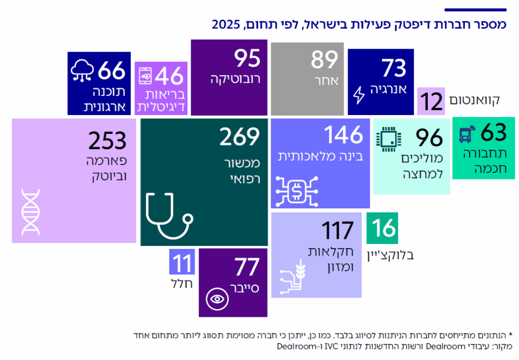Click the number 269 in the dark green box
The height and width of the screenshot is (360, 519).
click(239, 136)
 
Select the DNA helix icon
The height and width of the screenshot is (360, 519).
click(31, 211)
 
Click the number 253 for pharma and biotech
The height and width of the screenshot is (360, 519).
click(107, 141)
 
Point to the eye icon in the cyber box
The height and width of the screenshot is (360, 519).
click(218, 299)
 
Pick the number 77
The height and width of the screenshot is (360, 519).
click(246, 267)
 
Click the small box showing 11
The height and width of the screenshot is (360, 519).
click(181, 264)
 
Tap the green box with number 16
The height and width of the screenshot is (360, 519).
click(382, 228)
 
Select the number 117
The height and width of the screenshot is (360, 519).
click(337, 231)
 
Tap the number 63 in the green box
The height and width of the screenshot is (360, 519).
click(493, 133)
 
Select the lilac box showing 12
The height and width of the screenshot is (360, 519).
click(431, 101)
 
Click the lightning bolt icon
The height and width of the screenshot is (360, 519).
click(359, 95)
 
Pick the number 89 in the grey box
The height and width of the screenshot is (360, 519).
click(324, 60)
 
